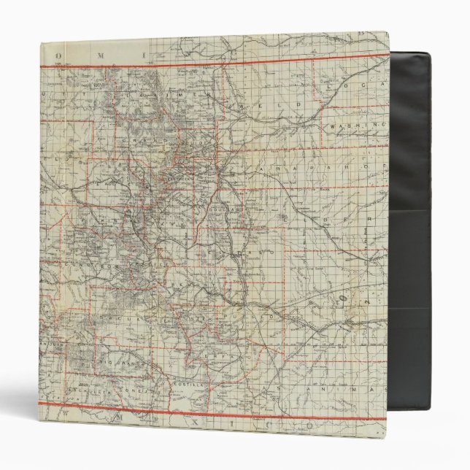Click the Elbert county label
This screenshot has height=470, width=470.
coord(350,219)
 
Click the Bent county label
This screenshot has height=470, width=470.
coord(343,301)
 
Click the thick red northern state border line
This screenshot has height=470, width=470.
coord(219,66)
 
